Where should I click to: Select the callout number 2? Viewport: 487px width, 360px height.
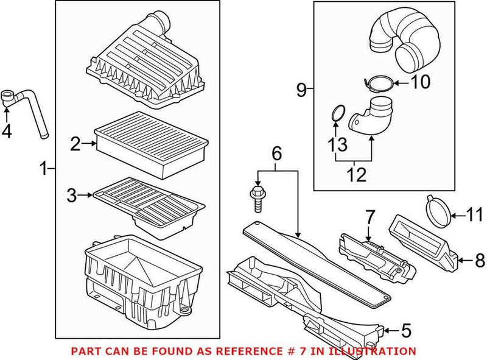tap(75, 144)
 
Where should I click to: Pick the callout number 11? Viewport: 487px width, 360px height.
tap(474, 214)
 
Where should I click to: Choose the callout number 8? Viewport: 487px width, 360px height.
tap(480, 261)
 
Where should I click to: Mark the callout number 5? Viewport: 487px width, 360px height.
tap(405, 331)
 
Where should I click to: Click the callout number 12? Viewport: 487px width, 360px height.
tap(356, 175)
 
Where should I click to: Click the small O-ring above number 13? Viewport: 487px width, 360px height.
tap(338, 113)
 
